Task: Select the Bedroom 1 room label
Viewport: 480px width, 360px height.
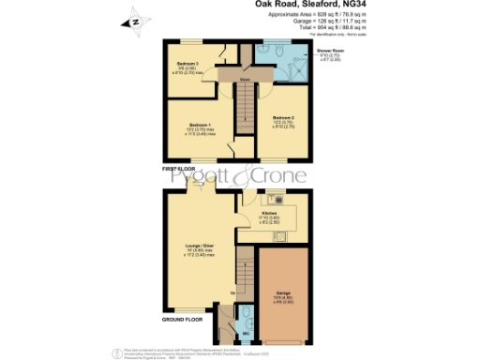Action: pyautogui.click(x=197, y=125)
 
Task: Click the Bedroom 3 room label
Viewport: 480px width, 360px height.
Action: pyautogui.click(x=190, y=64)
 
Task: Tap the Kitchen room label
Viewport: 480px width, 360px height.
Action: pyautogui.click(x=268, y=213)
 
